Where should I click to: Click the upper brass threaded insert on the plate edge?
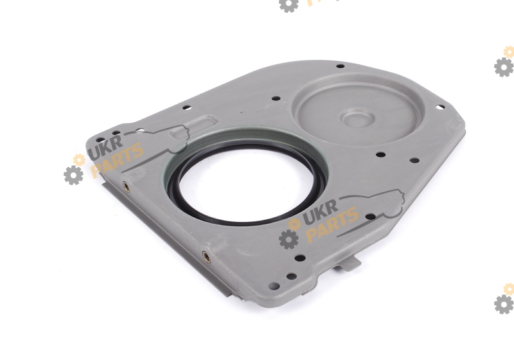click(126, 186)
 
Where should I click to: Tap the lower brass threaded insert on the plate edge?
click(206, 256)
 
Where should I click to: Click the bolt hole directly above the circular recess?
click(341, 66)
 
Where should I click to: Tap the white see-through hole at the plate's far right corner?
click(439, 107)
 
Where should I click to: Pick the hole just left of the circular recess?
click(276, 98)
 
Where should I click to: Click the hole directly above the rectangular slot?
click(186, 107)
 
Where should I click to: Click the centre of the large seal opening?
click(247, 185)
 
